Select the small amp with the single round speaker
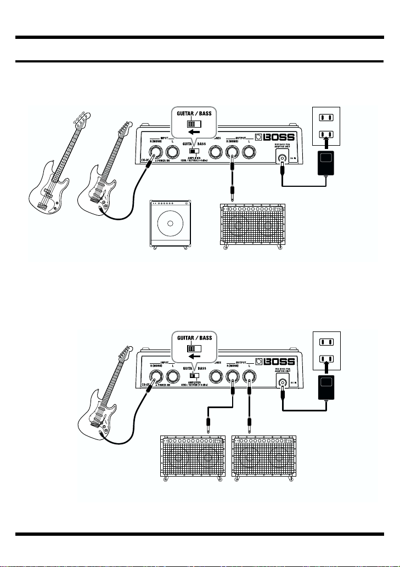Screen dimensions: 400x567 tap(171, 225)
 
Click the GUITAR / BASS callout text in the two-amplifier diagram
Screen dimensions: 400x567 tap(194, 338)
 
